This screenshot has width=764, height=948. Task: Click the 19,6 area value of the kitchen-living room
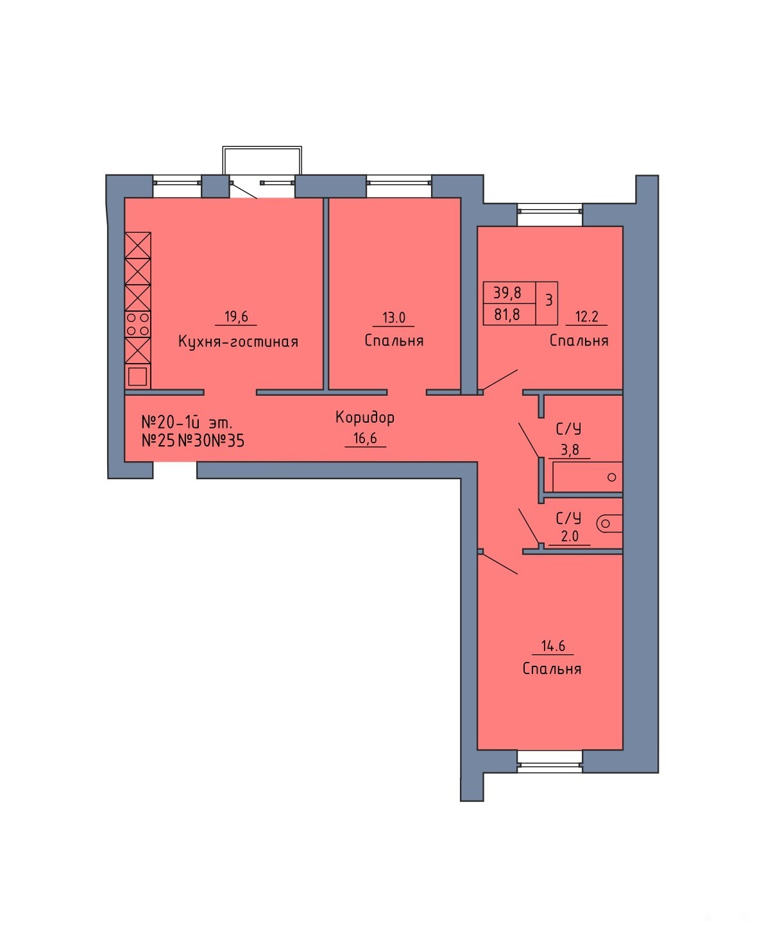[x=236, y=316]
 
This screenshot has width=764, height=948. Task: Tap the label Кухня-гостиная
[x=238, y=342]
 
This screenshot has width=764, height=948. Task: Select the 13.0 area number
[x=393, y=317]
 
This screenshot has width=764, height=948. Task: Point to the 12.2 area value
[x=586, y=316]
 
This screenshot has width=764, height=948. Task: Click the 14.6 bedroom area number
[x=553, y=646]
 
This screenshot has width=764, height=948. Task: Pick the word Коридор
[x=365, y=418]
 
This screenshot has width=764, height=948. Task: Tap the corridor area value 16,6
[x=365, y=438]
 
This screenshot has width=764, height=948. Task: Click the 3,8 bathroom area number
[x=570, y=450]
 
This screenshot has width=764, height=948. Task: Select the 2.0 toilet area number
[x=570, y=536]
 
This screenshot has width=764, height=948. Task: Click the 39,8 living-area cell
[x=507, y=292]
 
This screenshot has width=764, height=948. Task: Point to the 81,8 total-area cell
[x=507, y=314]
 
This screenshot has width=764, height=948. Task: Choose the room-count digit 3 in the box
[x=549, y=300]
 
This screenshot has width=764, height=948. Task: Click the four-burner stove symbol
[x=138, y=324]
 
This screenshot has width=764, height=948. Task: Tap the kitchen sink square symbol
[x=137, y=377]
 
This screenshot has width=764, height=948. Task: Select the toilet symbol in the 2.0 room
[x=609, y=524]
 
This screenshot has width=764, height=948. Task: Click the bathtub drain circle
[x=611, y=477]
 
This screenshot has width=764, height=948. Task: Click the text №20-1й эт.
[x=187, y=422]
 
